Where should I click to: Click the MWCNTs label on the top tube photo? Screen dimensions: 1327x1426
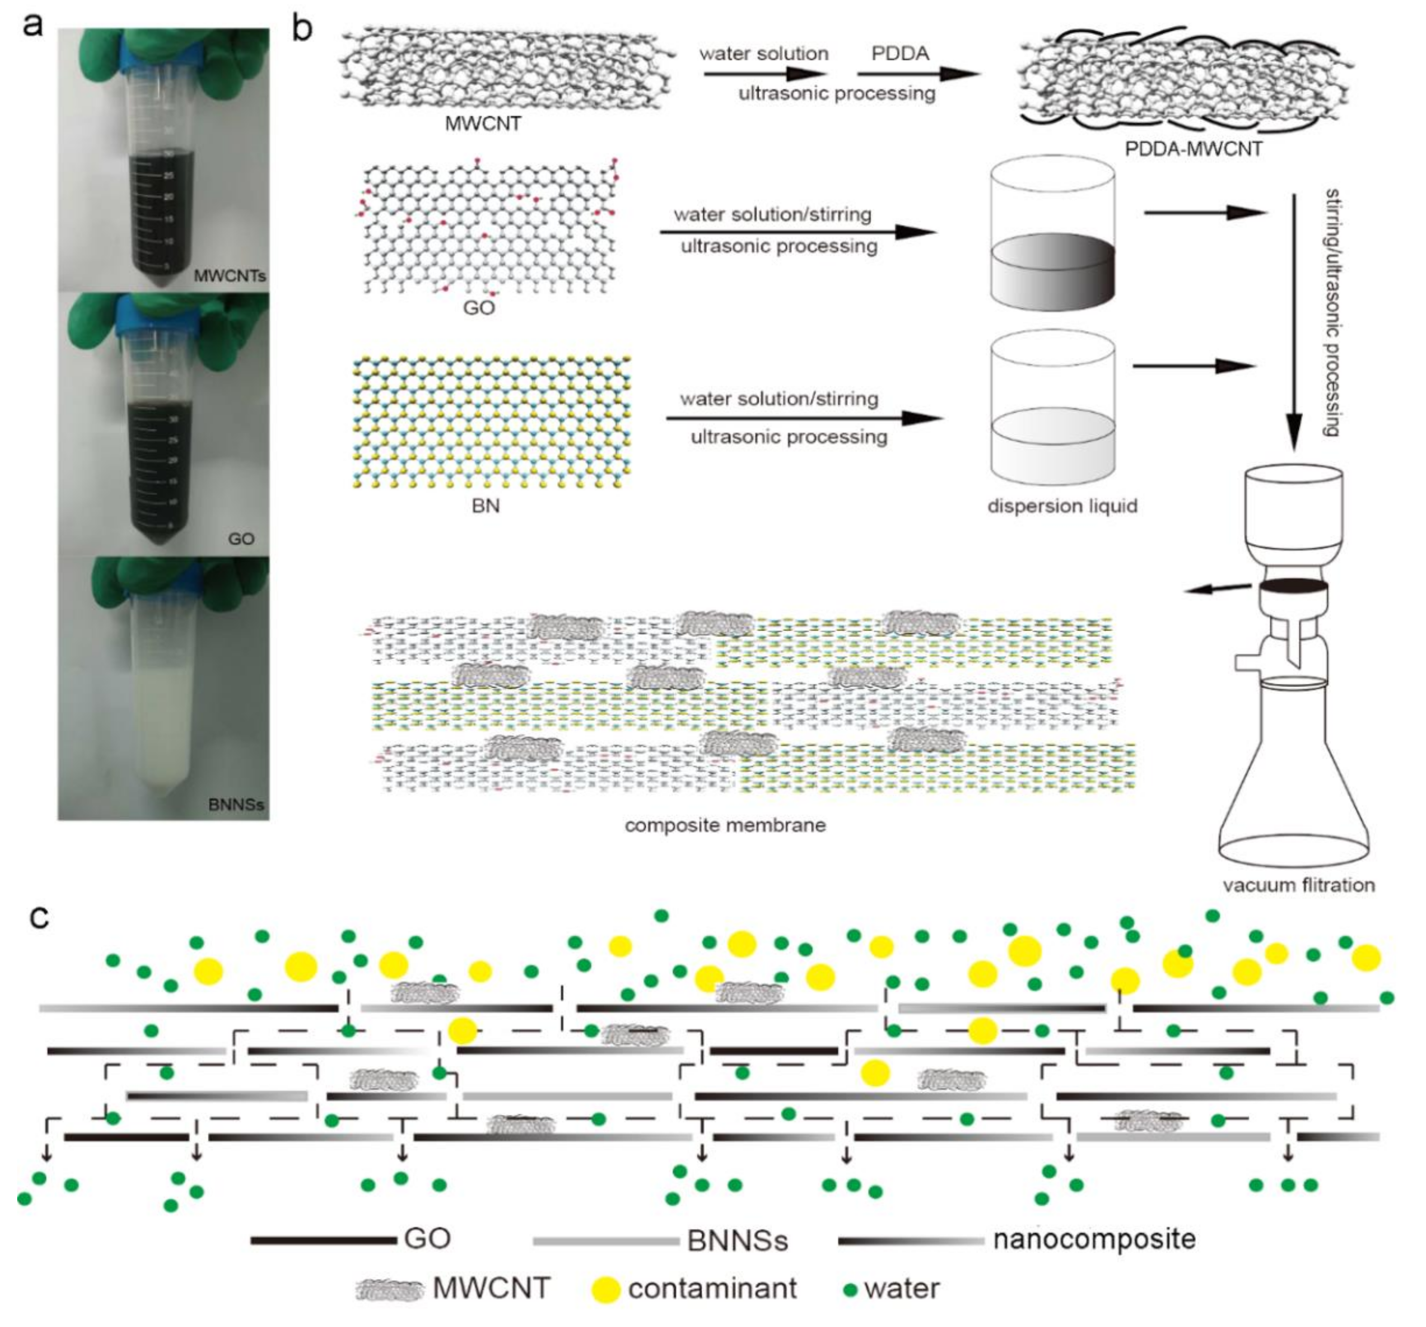230,276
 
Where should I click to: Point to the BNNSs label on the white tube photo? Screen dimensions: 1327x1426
236,804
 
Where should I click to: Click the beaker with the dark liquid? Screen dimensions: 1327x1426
1052,237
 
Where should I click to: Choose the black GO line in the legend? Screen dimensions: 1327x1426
323,1240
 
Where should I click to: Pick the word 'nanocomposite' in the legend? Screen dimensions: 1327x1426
1094,1239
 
